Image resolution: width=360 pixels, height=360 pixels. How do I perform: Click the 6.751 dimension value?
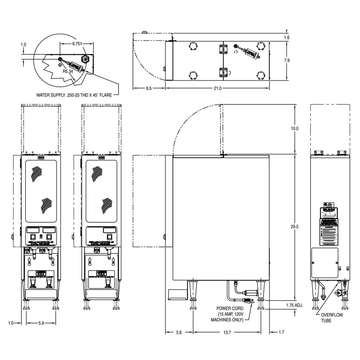[x=77, y=43]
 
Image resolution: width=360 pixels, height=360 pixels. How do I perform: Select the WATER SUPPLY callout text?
[x=74, y=95]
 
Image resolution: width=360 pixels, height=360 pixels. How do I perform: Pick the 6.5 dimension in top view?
[x=149, y=88]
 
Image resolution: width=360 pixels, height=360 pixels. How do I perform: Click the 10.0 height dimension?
[x=295, y=128]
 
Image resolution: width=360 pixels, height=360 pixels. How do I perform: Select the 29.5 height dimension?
[x=295, y=227]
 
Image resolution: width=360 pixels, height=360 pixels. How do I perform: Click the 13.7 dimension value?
[x=227, y=332]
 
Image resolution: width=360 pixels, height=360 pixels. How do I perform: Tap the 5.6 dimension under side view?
[x=179, y=332]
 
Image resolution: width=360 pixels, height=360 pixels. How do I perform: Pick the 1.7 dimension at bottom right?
[x=281, y=332]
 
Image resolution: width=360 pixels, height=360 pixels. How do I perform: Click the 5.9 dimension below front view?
[x=41, y=323]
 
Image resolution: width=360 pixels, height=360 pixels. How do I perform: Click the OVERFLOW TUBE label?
[x=331, y=318]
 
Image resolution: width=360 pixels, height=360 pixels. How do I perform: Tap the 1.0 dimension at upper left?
[x=23, y=44]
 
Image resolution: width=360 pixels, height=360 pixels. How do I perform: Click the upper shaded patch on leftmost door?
[x=37, y=174]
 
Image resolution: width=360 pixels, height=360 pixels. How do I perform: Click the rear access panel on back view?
[x=325, y=262]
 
